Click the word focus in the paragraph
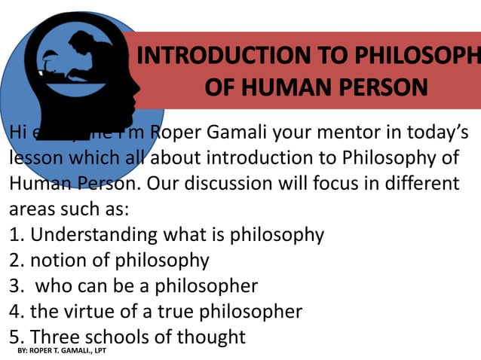coord(338,184)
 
